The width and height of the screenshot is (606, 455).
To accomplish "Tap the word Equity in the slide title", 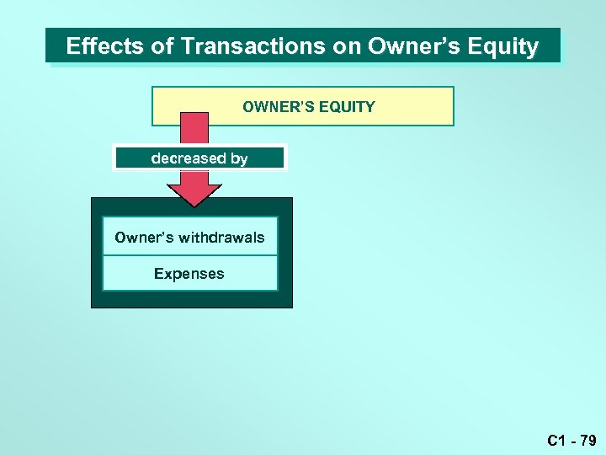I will [x=504, y=46].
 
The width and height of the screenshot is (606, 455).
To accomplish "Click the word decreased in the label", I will [x=189, y=158].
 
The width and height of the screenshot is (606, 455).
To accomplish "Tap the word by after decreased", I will [x=239, y=158].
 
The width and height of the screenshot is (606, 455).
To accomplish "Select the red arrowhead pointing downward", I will [x=194, y=190].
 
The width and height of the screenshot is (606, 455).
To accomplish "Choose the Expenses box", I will [x=189, y=274].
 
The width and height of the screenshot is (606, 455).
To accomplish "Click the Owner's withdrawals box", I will [x=189, y=238].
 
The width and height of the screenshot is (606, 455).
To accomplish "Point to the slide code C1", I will [x=555, y=440].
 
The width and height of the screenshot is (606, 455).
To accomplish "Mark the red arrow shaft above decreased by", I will [x=194, y=129].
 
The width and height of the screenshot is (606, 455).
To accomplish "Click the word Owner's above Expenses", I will [x=142, y=238].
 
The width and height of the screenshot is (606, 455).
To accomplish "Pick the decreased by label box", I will [x=199, y=158].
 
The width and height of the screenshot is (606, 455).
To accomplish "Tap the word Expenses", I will [x=189, y=274].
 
